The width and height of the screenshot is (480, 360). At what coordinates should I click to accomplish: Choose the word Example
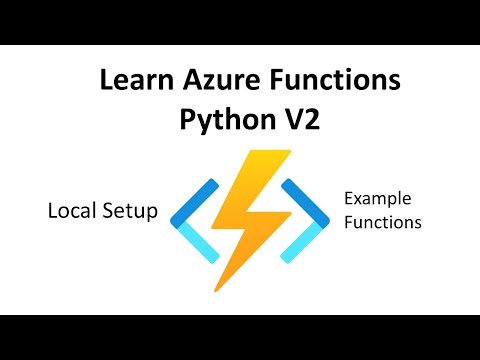pos(377,199)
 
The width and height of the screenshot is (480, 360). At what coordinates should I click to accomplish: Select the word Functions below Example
pos(382,222)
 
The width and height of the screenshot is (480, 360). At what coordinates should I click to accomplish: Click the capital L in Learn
pos(106,81)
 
